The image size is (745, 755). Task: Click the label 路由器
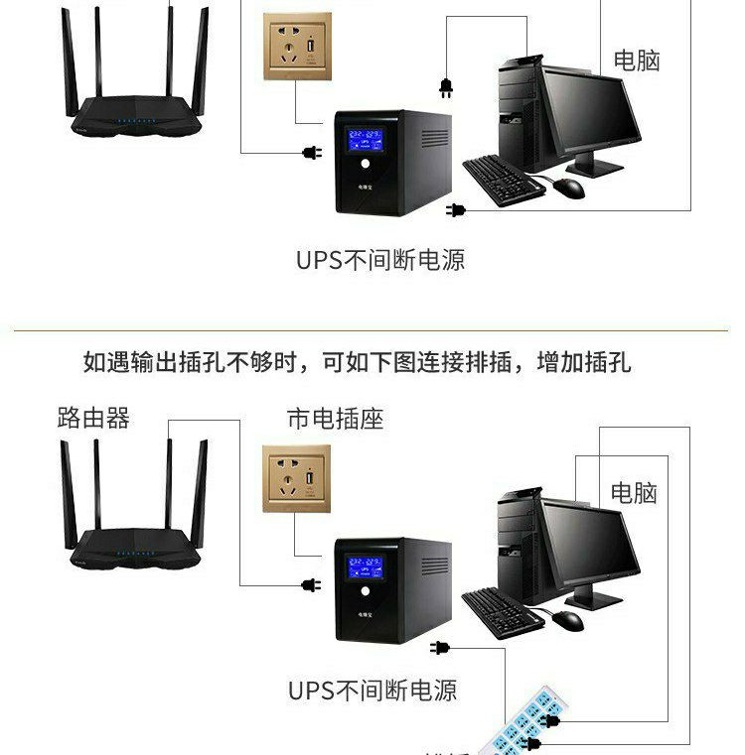(x=93, y=418)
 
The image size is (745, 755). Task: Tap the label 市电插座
(x=335, y=419)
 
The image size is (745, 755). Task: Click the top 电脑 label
(x=636, y=61)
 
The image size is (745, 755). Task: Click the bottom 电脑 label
(x=634, y=492)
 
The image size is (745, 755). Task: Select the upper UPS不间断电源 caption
(x=380, y=261)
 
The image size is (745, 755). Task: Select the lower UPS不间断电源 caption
(x=372, y=691)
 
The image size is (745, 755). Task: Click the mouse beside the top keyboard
(x=568, y=189)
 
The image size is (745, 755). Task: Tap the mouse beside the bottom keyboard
(x=567, y=620)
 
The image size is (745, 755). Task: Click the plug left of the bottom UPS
(x=310, y=585)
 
